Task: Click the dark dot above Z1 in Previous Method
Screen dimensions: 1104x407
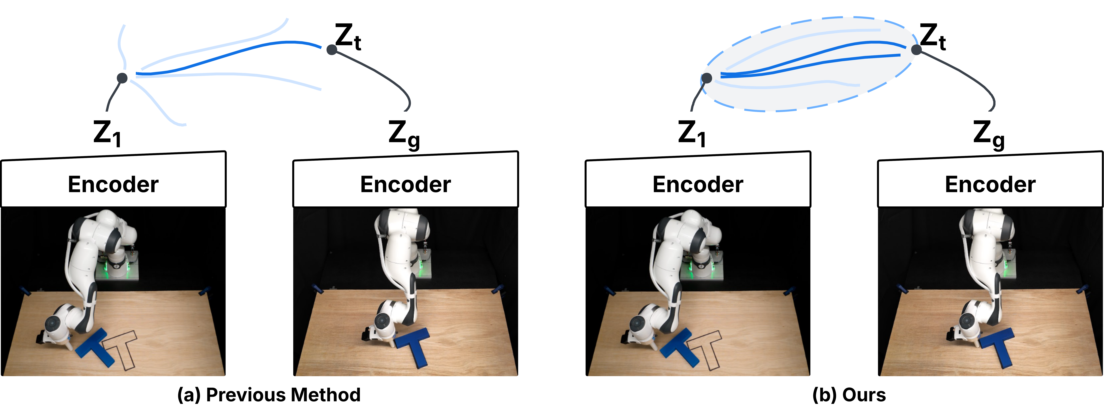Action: click(122, 78)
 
